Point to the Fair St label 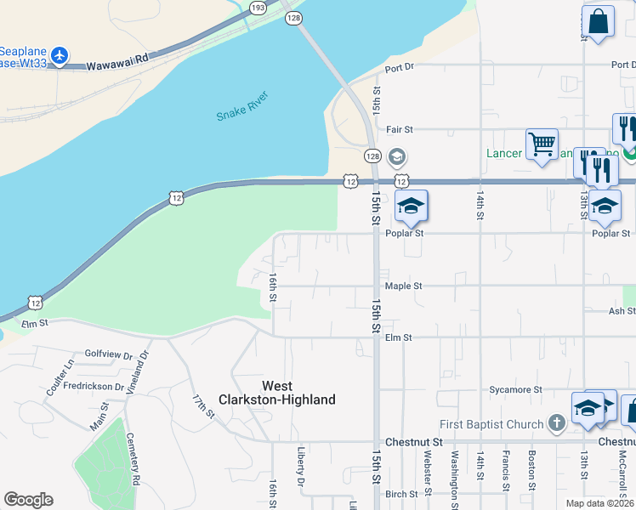(x=399, y=129)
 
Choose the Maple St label (x=403, y=286)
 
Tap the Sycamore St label (x=515, y=390)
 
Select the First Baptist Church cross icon (x=556, y=422)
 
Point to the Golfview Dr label (x=109, y=354)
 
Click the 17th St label (x=203, y=406)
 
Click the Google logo (x=28, y=500)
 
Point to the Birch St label (x=401, y=493)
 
